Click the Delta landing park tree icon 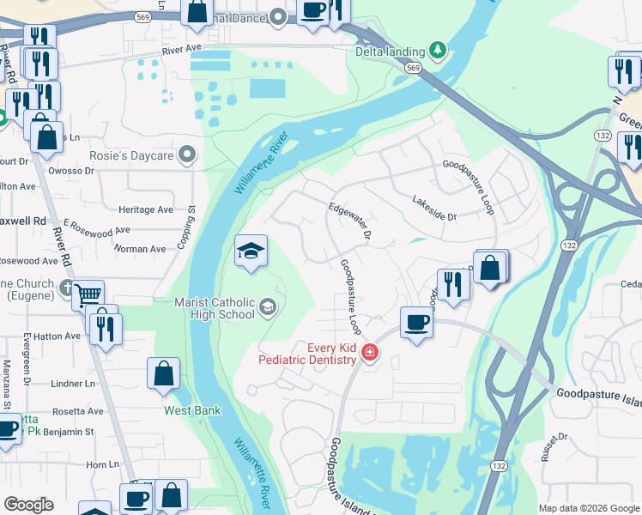point(439,50)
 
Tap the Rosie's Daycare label point(132,156)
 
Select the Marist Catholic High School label point(215,308)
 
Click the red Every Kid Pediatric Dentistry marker point(370,352)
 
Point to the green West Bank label point(192,410)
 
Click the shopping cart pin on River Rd point(88,295)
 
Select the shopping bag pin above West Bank point(163,374)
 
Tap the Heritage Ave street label point(146,209)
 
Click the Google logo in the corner point(28,505)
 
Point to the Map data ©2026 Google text point(588,508)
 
